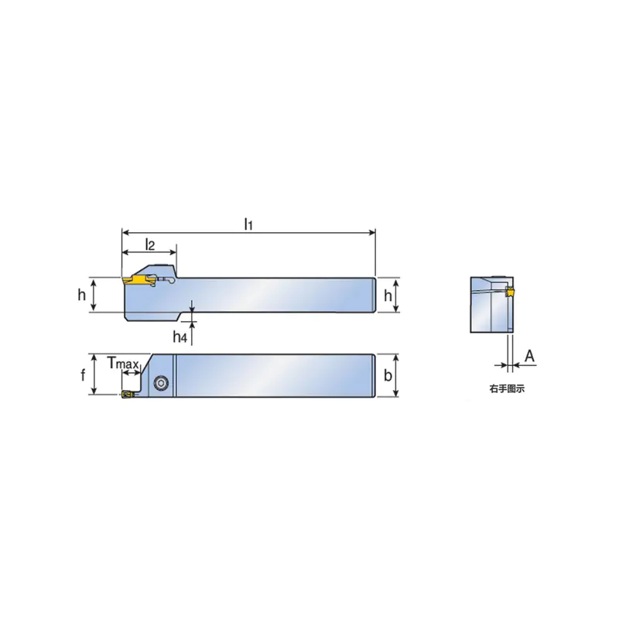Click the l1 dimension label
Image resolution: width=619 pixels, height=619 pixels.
[x=248, y=224]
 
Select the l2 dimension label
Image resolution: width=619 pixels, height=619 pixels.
[x=150, y=245]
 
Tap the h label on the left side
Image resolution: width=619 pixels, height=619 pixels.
[x=82, y=295]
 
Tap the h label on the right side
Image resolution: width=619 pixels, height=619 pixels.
[x=388, y=295]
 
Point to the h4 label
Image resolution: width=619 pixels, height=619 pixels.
[x=180, y=337]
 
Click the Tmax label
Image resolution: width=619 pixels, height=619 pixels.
[x=123, y=363]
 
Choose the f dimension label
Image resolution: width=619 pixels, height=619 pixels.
[x=83, y=375]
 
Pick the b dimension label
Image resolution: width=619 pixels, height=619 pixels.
[x=388, y=375]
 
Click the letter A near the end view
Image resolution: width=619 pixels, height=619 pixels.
[x=529, y=356]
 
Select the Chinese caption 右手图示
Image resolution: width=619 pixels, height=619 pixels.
[x=507, y=389]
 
